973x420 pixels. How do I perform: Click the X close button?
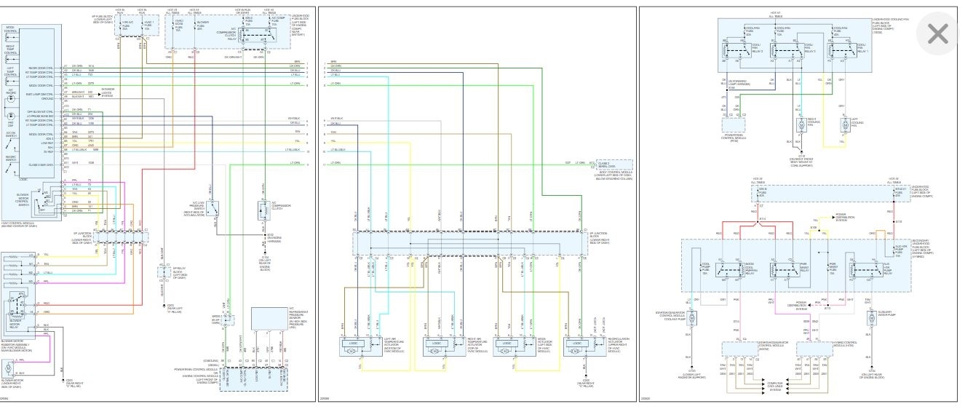pyautogui.click(x=938, y=34)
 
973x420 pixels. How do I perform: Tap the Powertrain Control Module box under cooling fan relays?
pyautogui.click(x=736, y=125)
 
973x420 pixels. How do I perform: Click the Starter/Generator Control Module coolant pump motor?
pyautogui.click(x=693, y=317)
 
